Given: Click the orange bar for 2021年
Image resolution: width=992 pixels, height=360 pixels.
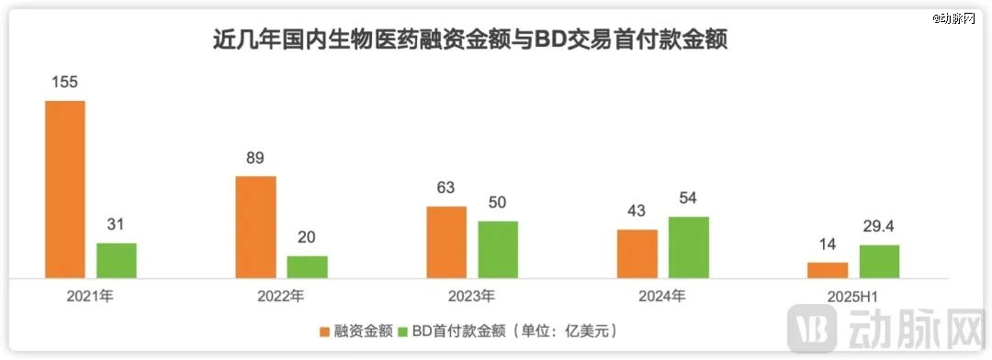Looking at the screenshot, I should [65, 189].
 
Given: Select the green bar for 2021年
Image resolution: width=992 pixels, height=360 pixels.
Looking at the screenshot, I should [117, 260].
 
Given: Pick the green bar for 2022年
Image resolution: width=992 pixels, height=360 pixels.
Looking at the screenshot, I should [307, 266].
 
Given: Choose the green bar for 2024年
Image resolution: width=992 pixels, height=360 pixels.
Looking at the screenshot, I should [688, 247].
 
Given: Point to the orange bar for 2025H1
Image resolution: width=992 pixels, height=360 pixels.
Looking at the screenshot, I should [828, 270].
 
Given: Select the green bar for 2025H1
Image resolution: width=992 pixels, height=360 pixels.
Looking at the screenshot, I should [879, 262].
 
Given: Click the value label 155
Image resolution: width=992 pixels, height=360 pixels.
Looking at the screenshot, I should [65, 82].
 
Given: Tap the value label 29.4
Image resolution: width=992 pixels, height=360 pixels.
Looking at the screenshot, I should [879, 226].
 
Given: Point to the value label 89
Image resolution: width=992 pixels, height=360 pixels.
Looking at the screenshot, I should [255, 157].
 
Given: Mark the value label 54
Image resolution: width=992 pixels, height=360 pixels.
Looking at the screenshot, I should [688, 198].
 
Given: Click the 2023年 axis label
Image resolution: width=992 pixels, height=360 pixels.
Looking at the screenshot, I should [472, 296].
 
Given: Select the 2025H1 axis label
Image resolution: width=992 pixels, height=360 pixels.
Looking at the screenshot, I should [853, 296].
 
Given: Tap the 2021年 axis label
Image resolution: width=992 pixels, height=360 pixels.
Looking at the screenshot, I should [91, 296].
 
